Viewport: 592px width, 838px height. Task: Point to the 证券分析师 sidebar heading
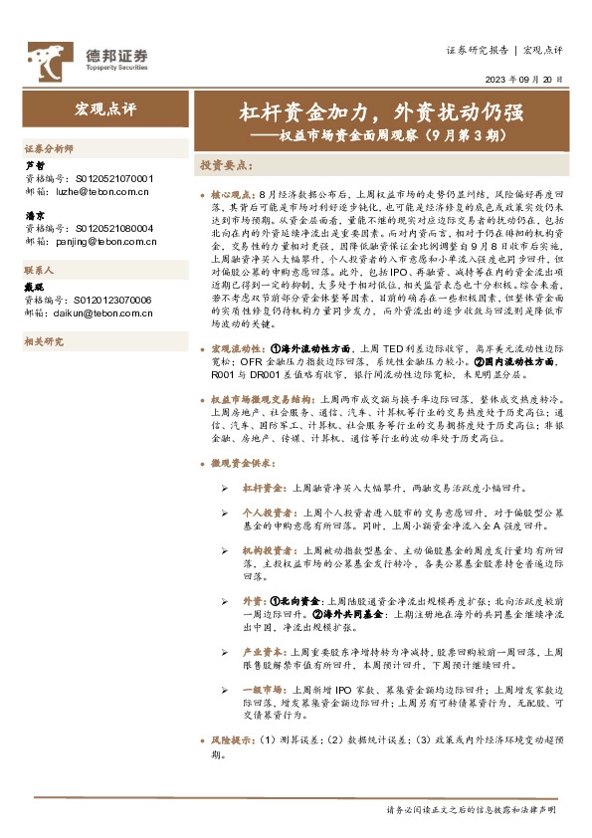tap(49, 146)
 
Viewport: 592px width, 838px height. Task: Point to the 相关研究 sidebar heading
tap(43, 341)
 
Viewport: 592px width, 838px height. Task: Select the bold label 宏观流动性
tap(238, 349)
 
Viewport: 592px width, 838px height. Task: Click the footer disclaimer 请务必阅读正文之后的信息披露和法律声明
tap(471, 810)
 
